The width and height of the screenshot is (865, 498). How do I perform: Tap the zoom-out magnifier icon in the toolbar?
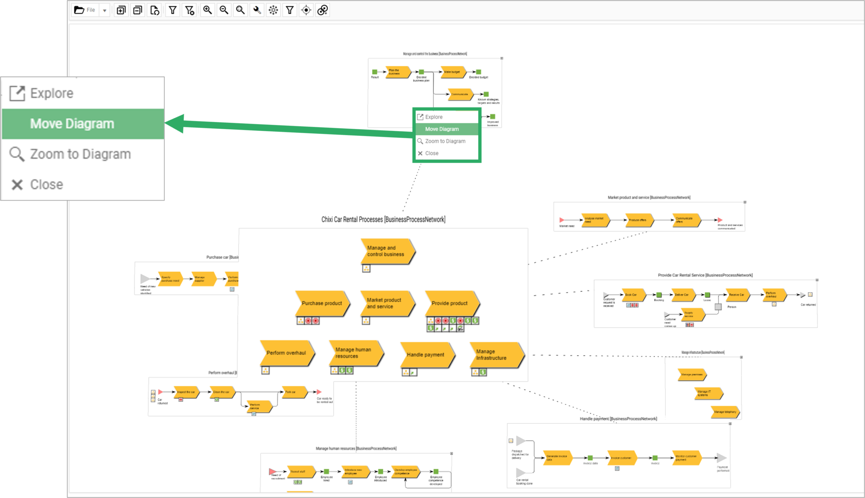224,10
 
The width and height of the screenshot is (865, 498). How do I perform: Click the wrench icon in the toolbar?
257,10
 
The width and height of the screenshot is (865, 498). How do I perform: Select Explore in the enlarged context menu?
52,93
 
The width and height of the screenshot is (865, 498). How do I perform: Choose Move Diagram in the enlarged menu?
72,124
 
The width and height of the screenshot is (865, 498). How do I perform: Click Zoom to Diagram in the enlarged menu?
80,154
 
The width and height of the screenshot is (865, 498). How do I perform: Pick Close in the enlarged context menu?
46,184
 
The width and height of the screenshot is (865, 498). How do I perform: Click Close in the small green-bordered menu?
432,153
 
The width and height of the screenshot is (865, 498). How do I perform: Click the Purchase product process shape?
322,303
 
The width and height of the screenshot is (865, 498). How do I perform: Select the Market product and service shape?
385,303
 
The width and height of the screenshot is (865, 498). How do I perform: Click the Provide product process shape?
450,303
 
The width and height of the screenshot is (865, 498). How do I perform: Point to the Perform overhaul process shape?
286,353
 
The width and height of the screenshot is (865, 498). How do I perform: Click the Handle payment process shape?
426,355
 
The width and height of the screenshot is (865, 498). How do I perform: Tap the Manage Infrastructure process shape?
494,355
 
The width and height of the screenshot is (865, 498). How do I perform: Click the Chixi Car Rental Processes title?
383,219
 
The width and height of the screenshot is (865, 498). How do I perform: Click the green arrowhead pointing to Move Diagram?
175,124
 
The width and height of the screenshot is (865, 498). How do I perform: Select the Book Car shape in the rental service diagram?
632,295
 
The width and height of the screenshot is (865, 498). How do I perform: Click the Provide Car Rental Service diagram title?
705,275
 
